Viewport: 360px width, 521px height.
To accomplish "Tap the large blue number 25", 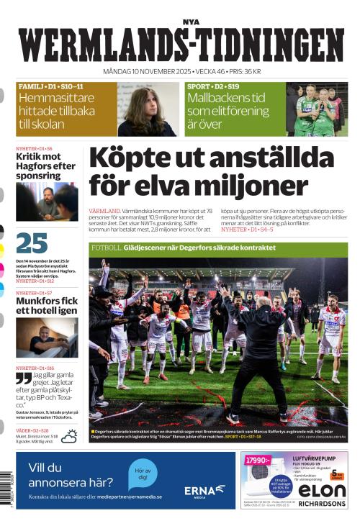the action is [x=32, y=243].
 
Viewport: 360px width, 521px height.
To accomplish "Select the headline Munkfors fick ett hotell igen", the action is [x=45, y=305].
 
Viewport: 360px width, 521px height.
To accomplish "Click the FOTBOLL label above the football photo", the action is [x=106, y=248].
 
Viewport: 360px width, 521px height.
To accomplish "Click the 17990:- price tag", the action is [x=256, y=461].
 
